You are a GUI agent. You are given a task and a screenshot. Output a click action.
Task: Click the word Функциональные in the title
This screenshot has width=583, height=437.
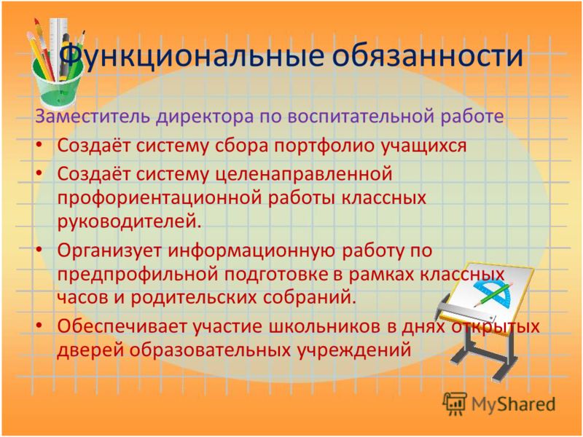tap(192, 57)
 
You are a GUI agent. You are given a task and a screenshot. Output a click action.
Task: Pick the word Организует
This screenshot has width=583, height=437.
tap(109, 251)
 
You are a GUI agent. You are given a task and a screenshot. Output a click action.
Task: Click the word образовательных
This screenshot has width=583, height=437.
tap(210, 350)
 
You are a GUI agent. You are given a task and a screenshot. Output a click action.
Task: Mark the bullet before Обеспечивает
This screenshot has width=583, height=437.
tap(39, 325)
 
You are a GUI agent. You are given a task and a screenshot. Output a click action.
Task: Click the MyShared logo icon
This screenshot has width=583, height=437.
tap(454, 403)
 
